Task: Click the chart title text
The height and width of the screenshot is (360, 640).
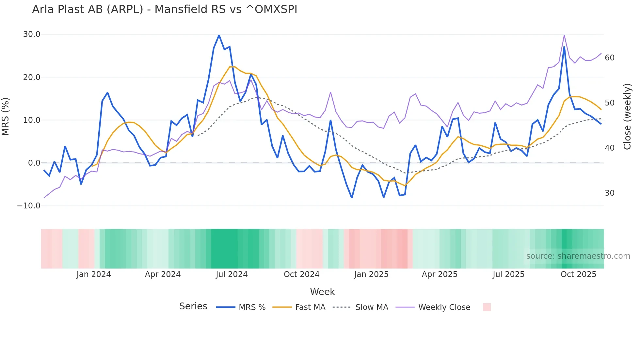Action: [x=165, y=9]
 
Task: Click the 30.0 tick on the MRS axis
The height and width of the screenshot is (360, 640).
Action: [x=32, y=34]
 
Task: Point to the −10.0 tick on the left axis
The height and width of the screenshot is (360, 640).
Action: [x=29, y=206]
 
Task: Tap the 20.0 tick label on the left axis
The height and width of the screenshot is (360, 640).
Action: [x=32, y=77]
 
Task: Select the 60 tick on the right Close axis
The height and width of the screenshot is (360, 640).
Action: [x=609, y=58]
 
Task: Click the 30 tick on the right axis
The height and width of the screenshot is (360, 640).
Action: [x=609, y=193]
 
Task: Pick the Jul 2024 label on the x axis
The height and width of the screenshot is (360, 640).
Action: [x=232, y=274]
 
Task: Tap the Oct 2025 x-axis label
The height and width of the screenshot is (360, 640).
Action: [x=578, y=274]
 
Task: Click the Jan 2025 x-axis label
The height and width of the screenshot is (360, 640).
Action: [x=371, y=274]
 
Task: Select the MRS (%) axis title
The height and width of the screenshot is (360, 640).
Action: [x=6, y=117]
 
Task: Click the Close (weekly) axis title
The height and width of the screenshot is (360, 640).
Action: [x=627, y=117]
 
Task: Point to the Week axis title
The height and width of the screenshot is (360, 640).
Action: [x=322, y=292]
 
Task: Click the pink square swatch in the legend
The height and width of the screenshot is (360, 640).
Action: [x=487, y=307]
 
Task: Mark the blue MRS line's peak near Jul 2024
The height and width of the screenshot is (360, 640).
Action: [x=219, y=35]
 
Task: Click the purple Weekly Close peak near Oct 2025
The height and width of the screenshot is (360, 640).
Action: [x=564, y=36]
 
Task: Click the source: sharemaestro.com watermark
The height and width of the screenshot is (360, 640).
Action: [x=578, y=256]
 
